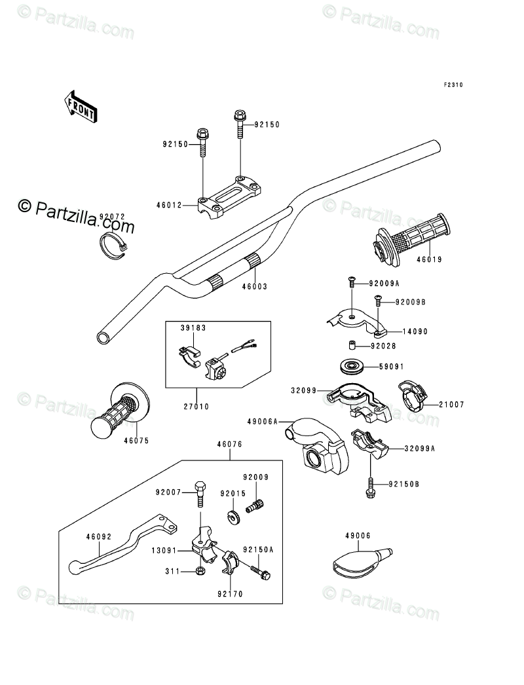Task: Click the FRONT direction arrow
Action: point(80,106)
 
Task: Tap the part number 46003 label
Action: point(254,286)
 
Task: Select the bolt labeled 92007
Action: point(200,497)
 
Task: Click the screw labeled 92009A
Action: point(350,284)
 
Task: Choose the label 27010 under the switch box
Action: point(196,406)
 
